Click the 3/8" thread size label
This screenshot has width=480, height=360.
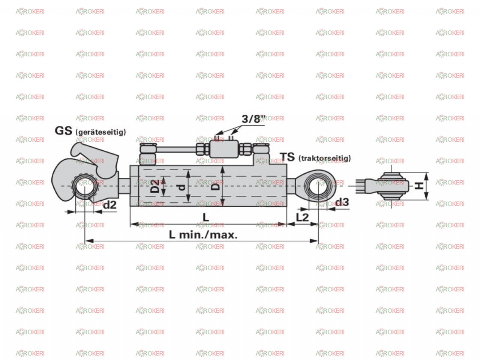pyautogui.click(x=253, y=119)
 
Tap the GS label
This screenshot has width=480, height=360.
pyautogui.click(x=63, y=131)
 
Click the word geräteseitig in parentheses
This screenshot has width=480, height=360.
pyautogui.click(x=101, y=132)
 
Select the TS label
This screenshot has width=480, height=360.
pyautogui.click(x=287, y=157)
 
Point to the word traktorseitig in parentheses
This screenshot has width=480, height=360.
pyautogui.click(x=325, y=158)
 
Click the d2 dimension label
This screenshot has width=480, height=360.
pyautogui.click(x=110, y=205)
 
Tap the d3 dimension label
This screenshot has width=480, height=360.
pyautogui.click(x=342, y=202)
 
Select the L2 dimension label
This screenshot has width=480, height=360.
pyautogui.click(x=302, y=217)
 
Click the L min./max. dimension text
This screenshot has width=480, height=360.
pyautogui.click(x=203, y=235)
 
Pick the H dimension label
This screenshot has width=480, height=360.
pyautogui.click(x=419, y=186)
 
